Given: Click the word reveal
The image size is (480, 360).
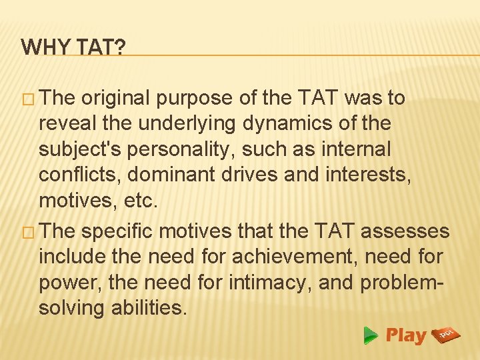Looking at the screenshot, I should pyautogui.click(x=68, y=124).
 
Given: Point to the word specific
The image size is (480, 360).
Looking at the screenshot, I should pyautogui.click(x=120, y=231).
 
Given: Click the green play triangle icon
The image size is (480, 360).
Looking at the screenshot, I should pyautogui.click(x=371, y=336).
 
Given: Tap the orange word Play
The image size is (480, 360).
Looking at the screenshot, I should pyautogui.click(x=405, y=335).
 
